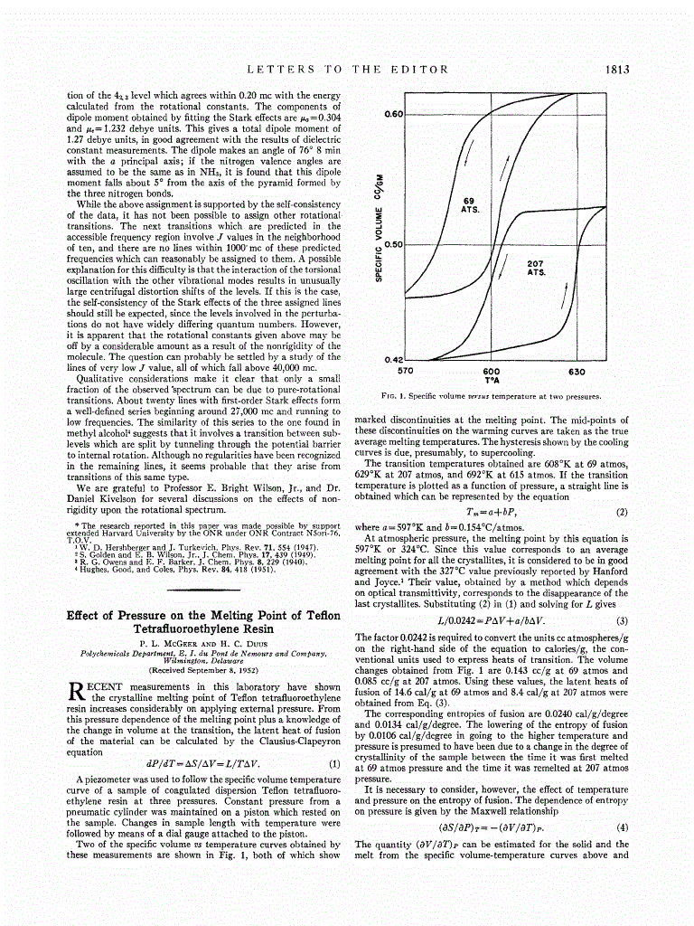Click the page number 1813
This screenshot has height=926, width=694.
[x=614, y=69]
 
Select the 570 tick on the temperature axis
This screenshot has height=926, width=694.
[x=406, y=371]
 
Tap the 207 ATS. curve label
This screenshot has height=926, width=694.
[x=536, y=268]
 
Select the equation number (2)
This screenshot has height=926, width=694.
[x=621, y=513]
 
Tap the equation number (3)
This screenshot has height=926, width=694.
[x=621, y=620]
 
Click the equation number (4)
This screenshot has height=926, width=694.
[x=621, y=827]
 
